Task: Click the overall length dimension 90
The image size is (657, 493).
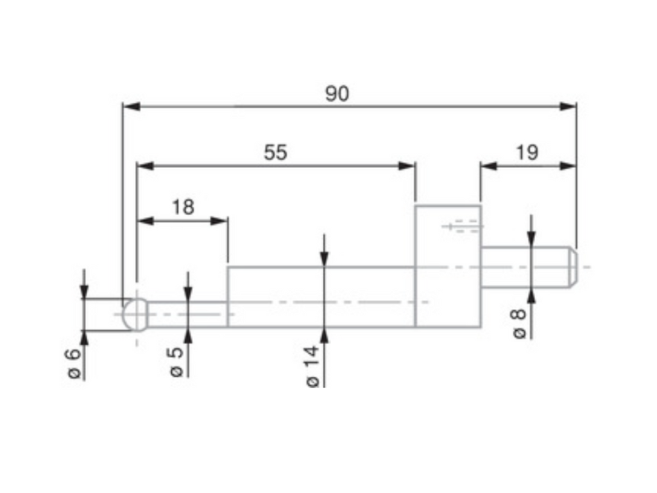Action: (x=337, y=94)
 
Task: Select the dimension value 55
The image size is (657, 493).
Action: (x=275, y=153)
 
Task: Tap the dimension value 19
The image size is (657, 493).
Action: (x=527, y=153)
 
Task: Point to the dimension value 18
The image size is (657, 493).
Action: (x=183, y=207)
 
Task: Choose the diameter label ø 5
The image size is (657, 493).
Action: (x=176, y=361)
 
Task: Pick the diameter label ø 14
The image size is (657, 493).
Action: (x=312, y=366)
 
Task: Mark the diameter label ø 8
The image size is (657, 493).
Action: (x=519, y=324)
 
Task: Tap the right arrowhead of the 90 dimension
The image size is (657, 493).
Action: (x=568, y=107)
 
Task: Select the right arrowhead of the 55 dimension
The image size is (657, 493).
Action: (x=406, y=166)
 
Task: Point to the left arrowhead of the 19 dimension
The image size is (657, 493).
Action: (x=489, y=166)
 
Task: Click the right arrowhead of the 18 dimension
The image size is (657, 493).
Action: (x=219, y=221)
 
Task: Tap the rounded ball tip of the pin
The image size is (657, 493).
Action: (x=135, y=315)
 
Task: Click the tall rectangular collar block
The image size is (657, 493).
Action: (x=448, y=266)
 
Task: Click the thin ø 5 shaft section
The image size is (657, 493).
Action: (x=187, y=314)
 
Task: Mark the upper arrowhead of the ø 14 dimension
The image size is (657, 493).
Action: (x=324, y=258)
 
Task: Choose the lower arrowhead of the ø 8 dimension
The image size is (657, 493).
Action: (x=531, y=297)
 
